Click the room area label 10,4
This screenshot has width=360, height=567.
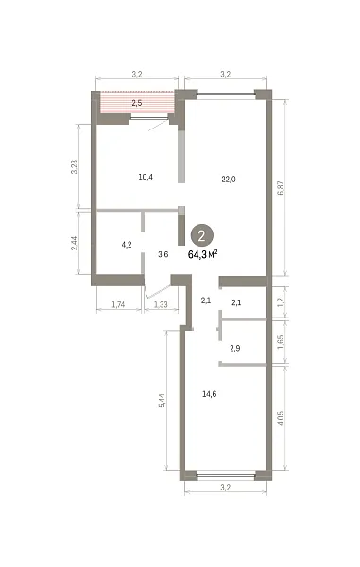tap(146, 177)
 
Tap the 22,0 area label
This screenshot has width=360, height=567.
tap(229, 179)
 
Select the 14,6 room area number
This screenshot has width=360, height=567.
tap(209, 394)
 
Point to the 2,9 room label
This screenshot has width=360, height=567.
tap(235, 348)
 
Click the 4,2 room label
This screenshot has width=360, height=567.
tap(127, 245)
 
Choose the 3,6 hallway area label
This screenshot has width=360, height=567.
tap(163, 254)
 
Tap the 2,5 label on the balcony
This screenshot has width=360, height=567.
tap(137, 103)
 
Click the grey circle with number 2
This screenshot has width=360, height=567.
tap(201, 235)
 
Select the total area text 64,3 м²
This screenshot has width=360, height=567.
tap(203, 255)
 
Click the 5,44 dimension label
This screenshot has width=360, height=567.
tap(162, 401)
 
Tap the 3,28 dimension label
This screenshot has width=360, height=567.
tap(74, 166)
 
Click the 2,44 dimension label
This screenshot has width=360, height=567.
tap(74, 244)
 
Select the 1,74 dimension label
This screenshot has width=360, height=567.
tap(118, 305)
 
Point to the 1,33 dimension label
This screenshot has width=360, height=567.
tap(161, 305)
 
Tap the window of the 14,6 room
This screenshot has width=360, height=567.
tap(226, 475)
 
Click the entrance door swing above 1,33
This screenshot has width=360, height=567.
tap(158, 292)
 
